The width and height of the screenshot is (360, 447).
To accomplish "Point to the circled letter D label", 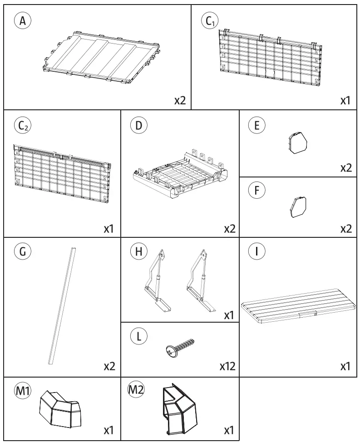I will tap(138, 126).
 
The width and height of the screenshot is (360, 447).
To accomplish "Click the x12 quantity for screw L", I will tap(226, 366).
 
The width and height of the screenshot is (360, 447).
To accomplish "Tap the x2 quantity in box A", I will tap(180, 100).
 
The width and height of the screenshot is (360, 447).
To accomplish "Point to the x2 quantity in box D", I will tap(230, 229).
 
